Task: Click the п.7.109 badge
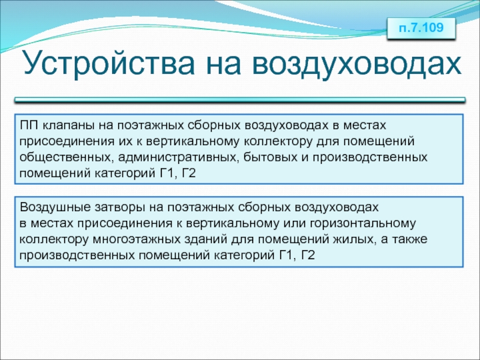[x=421, y=28]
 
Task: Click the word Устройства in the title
[x=109, y=64]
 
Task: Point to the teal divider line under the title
[x=240, y=100]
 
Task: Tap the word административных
[x=178, y=158]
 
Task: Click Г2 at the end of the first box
[x=188, y=173]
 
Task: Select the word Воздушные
[x=55, y=208]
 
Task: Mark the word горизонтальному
[x=363, y=224]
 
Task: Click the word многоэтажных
[x=137, y=239]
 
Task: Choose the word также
[x=409, y=239]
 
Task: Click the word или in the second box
[x=294, y=223]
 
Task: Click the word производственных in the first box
[x=370, y=157]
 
